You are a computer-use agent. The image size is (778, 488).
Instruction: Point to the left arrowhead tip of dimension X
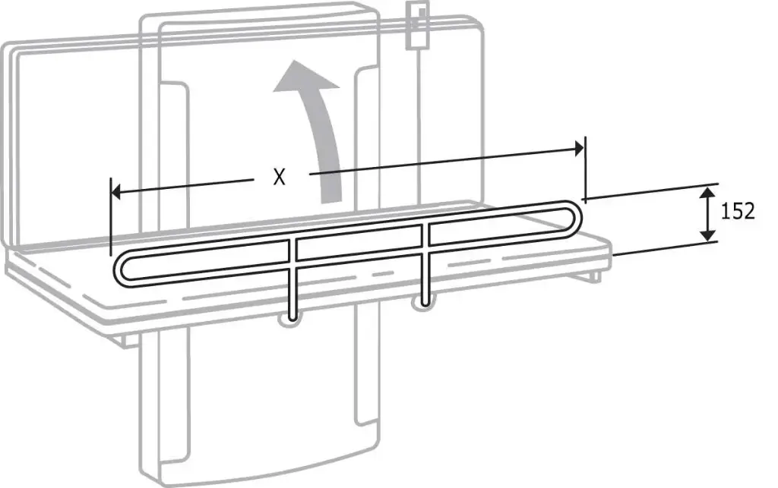[x=112, y=191]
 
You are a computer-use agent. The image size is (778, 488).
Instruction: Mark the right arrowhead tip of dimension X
[x=583, y=148]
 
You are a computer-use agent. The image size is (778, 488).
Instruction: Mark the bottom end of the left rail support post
[x=293, y=320]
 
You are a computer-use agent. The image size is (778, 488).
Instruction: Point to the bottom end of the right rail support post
[x=425, y=304]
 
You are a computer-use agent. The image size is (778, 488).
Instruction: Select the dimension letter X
[x=280, y=177]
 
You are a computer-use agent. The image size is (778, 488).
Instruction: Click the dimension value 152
[x=738, y=212]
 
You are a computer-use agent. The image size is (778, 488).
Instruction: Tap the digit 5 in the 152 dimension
[x=737, y=212]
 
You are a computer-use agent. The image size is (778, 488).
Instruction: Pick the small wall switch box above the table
[x=418, y=25]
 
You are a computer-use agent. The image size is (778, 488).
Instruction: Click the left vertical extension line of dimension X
[x=111, y=216]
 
